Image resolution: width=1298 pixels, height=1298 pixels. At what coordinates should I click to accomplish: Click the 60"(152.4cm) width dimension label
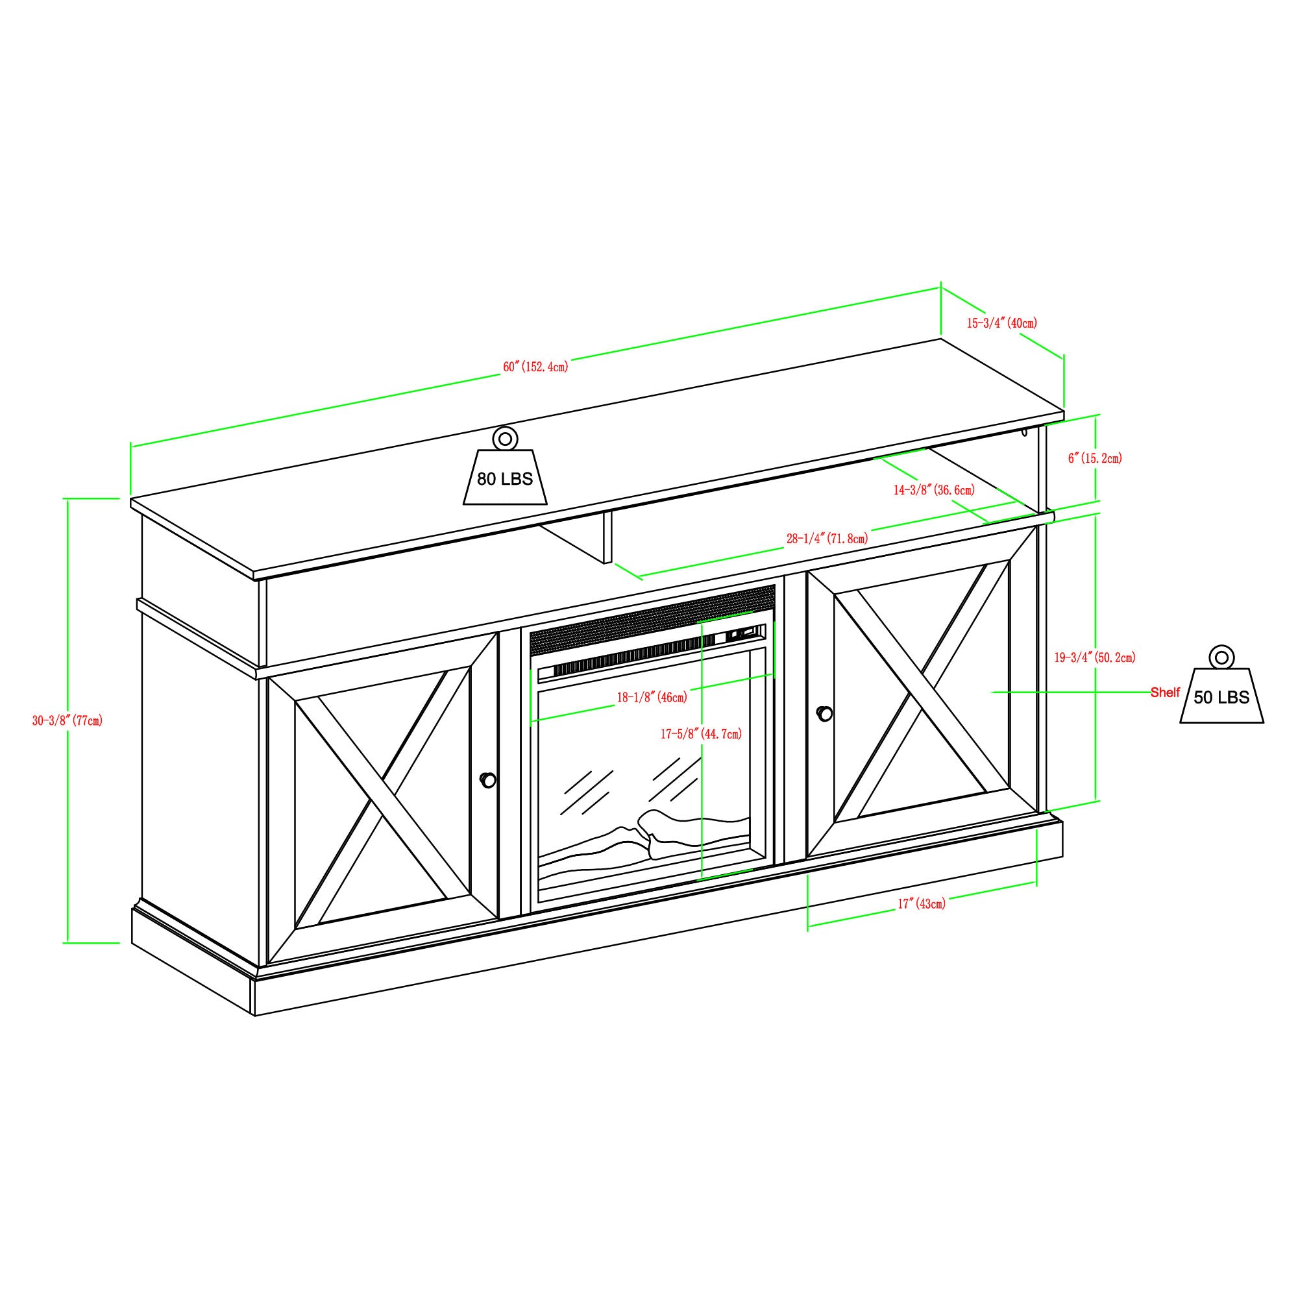pos(535,367)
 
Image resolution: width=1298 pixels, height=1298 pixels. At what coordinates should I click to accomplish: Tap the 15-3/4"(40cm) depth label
pos(1001,323)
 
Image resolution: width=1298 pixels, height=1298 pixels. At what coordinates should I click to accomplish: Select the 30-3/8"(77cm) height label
pos(68,721)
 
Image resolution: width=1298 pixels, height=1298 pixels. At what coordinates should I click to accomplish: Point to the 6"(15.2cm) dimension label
pos(1095,458)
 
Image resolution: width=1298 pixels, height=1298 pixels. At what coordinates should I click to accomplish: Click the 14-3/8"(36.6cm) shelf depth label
pos(934,491)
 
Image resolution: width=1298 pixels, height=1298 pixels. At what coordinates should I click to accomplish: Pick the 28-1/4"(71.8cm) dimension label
pos(827,538)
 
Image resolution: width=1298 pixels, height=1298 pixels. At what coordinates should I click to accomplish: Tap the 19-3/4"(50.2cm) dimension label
pos(1095,657)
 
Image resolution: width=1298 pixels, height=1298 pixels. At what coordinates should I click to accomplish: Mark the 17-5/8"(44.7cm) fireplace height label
pos(702,733)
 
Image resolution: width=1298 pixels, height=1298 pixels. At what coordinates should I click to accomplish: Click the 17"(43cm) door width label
pos(922,903)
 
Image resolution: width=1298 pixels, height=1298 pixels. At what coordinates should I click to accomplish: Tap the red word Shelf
pos(1165,692)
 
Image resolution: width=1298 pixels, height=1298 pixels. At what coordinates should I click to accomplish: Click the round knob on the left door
pos(489,780)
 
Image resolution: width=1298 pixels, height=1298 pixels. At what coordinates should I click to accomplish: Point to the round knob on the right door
pos(824,713)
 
